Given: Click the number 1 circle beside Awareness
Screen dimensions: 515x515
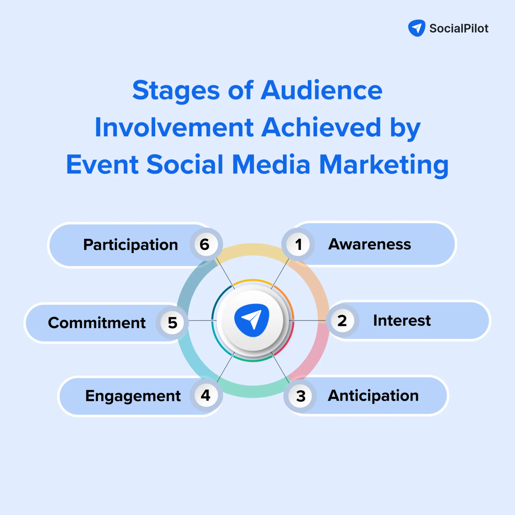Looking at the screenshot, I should [298, 244].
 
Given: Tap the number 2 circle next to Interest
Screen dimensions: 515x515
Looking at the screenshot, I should [342, 320].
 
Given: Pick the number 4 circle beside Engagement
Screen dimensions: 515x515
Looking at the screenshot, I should [206, 395].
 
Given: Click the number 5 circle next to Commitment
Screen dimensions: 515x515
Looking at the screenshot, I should [172, 323].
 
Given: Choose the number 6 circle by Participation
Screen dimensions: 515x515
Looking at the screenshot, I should [205, 244].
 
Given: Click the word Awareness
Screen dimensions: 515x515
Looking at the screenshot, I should [369, 244].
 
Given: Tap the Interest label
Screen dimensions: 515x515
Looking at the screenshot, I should [402, 320].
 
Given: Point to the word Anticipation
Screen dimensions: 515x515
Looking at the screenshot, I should [373, 395].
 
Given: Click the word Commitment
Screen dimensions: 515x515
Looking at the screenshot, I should [97, 323].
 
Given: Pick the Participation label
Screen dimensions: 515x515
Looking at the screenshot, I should [131, 245].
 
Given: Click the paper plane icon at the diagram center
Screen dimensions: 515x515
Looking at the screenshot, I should [252, 320].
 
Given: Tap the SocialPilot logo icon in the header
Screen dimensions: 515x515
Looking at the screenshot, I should [417, 28].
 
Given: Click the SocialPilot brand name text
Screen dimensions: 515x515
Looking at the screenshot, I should [459, 29].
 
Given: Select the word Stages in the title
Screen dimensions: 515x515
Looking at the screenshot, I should [176, 91].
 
